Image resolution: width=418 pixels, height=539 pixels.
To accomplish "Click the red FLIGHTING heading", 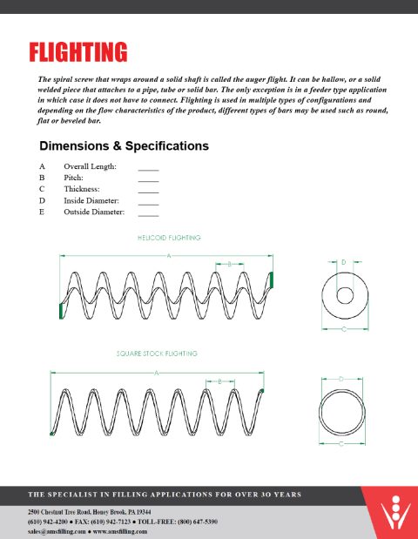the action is click(x=78, y=52).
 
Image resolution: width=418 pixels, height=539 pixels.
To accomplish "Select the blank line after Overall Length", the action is click(x=148, y=166).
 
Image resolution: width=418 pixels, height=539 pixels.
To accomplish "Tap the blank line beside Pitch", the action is click(x=148, y=178).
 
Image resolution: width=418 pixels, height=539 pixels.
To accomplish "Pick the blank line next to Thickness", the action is click(x=148, y=189).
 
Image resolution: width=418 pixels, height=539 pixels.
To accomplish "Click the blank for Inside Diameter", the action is click(x=148, y=201).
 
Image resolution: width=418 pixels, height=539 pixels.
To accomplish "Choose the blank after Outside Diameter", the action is click(x=148, y=212).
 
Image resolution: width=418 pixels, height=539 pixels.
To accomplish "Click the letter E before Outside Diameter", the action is click(x=41, y=212).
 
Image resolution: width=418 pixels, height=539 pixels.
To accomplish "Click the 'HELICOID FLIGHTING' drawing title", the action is click(x=169, y=237).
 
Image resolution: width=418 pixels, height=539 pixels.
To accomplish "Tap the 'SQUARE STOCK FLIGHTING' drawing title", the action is click(x=158, y=354).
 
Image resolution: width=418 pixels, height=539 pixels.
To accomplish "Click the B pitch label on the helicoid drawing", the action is click(x=229, y=263).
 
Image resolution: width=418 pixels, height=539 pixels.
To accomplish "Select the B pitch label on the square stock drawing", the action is click(x=220, y=381).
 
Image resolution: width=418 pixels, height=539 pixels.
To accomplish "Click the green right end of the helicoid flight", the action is click(x=273, y=280).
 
